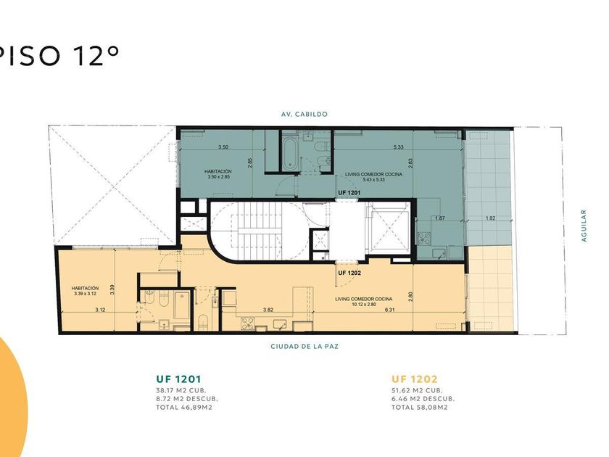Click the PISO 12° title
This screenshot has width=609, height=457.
pos(58,56)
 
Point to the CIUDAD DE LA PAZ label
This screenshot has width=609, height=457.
pos(304,346)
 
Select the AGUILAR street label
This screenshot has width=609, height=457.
pos(584,226)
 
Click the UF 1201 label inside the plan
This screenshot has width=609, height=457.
pos(349,192)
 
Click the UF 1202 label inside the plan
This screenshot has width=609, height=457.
pos(349,273)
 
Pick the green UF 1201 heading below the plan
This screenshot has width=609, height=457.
pos(178,379)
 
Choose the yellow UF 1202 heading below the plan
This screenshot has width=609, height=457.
pos(415,379)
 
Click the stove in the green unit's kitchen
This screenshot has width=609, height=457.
pos(423,238)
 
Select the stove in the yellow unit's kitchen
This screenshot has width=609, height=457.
pos(248,324)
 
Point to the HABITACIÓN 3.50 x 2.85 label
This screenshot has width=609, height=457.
pos(218,174)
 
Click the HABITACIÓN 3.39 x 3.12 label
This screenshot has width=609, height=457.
pos(85,291)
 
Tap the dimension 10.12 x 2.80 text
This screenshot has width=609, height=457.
pos(364,304)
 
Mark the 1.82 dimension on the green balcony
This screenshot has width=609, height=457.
pos(491,218)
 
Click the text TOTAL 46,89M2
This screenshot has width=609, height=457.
pos(184,407)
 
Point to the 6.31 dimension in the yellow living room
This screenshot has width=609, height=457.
pos(389,310)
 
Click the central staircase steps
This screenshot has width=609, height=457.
pos(259,231)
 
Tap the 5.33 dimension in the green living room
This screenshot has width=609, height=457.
pos(399,147)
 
